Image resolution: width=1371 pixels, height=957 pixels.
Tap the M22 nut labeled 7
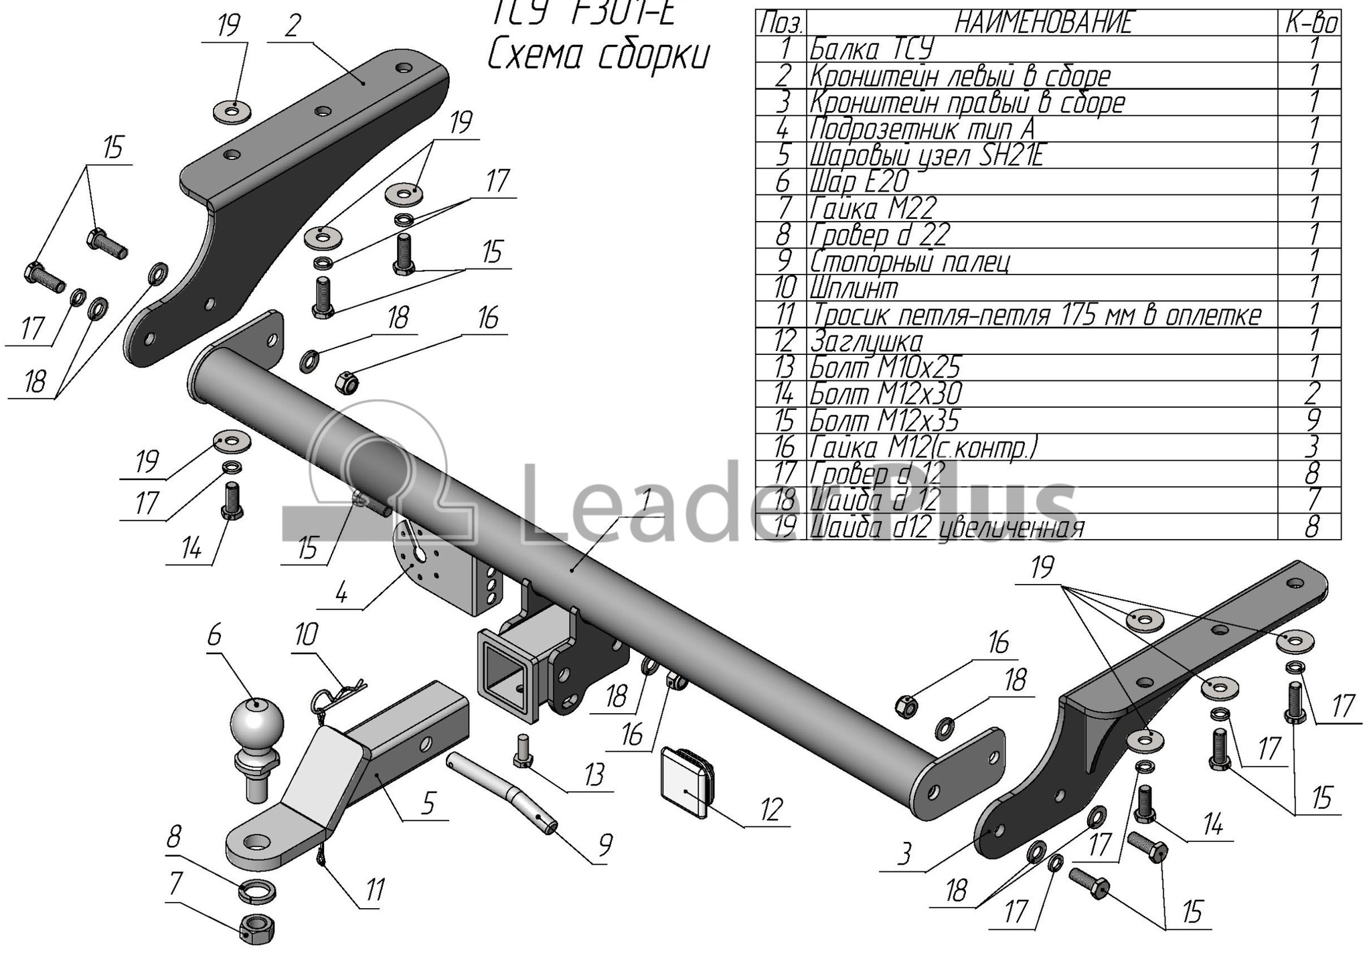tap(256, 927)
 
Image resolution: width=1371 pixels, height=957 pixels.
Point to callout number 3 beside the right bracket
tap(904, 855)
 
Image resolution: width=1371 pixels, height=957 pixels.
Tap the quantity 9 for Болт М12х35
tap(1312, 420)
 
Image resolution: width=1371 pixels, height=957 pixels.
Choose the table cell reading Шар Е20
tap(860, 181)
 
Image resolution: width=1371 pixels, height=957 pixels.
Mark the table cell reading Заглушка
tap(866, 342)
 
